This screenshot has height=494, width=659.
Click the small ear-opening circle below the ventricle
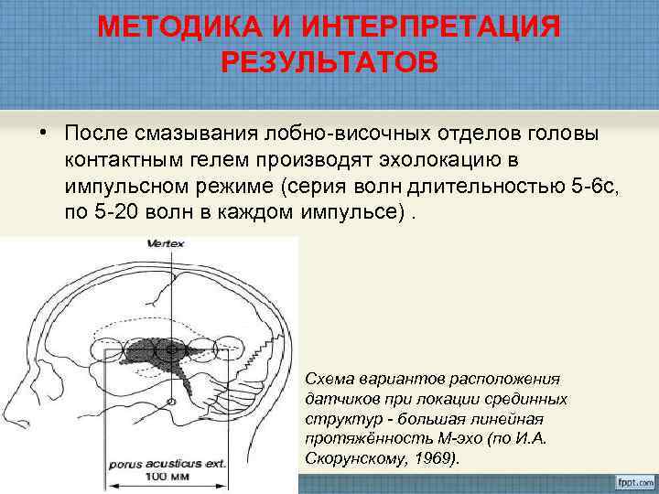[171, 403]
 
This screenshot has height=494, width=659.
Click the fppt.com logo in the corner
[628, 479]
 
